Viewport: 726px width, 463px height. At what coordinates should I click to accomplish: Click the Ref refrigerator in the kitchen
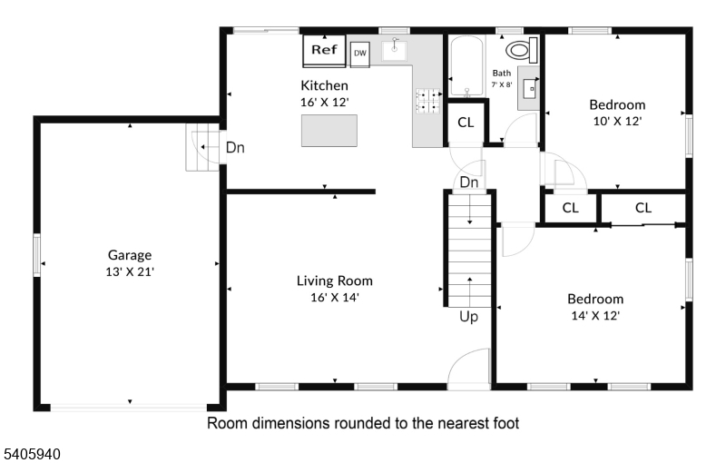(x=324, y=51)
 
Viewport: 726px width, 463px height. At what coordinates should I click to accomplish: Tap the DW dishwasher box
(x=359, y=54)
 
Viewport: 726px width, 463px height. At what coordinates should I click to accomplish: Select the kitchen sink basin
(x=394, y=51)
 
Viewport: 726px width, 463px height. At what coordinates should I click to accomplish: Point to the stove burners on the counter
(x=429, y=102)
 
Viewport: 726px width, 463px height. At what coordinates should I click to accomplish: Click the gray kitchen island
(x=329, y=131)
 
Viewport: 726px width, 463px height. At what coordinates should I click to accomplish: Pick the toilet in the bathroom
(x=522, y=50)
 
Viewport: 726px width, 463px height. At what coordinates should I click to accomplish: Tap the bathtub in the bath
(x=467, y=66)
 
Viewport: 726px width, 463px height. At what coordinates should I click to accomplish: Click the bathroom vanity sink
(x=529, y=88)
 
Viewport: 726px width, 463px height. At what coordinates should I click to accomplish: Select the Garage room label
(x=130, y=254)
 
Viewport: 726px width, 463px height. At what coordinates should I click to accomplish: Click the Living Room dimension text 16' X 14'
(x=335, y=297)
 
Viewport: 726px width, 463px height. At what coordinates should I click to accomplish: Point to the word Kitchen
(x=324, y=85)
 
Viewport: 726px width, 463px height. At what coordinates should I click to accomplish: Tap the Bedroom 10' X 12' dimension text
(x=617, y=122)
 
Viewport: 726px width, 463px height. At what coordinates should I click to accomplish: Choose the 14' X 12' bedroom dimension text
(x=595, y=316)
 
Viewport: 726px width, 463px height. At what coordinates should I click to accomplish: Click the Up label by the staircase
(x=468, y=317)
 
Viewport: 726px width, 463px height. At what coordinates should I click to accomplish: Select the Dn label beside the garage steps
(x=235, y=148)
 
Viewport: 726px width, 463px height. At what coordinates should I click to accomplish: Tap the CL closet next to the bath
(x=466, y=123)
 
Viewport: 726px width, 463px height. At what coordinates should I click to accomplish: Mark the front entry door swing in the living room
(x=468, y=366)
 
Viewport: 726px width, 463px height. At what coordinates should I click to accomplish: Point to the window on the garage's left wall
(x=36, y=254)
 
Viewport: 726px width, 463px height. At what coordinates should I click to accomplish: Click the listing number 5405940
(x=33, y=454)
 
